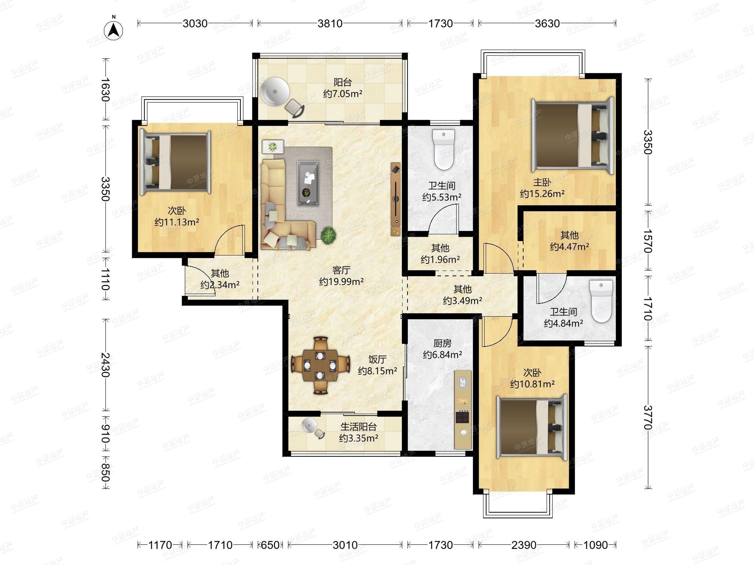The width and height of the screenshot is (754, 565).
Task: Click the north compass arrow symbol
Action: click(113, 31)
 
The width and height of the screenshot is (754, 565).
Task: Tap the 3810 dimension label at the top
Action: click(330, 24)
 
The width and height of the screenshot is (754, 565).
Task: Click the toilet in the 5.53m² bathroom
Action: click(444, 149)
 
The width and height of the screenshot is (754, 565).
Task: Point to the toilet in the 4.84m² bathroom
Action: click(601, 301)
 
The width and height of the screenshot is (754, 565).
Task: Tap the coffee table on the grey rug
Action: click(308, 183)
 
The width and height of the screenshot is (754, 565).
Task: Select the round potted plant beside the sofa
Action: click(328, 235)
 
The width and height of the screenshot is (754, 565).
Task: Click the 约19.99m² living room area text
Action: click(341, 282)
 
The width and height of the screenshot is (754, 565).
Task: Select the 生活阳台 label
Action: click(358, 427)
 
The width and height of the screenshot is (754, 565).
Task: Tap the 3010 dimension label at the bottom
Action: click(345, 545)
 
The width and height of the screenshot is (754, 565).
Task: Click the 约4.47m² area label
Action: click(570, 247)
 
